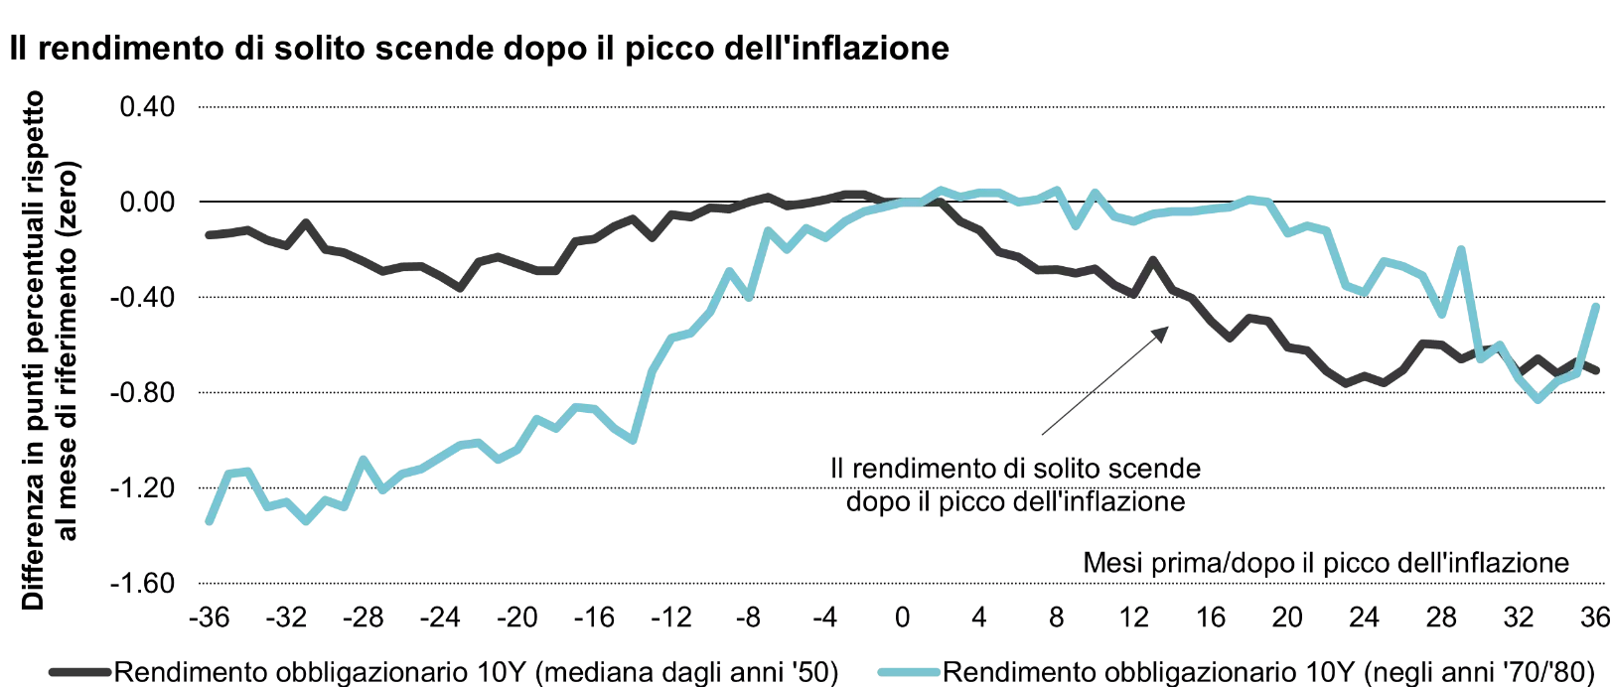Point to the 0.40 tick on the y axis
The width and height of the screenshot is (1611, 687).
click(x=147, y=106)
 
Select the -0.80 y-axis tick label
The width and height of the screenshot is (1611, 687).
click(x=142, y=393)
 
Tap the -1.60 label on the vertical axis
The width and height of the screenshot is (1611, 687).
click(x=142, y=584)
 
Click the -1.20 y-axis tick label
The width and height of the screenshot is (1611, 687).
click(x=142, y=488)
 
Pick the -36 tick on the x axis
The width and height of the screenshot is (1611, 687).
click(x=209, y=618)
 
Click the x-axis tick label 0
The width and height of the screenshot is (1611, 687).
click(x=902, y=618)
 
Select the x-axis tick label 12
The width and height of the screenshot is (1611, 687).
click(x=1133, y=618)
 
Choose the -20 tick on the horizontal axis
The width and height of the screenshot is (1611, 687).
click(x=516, y=618)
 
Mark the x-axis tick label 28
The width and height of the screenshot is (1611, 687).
click(x=1441, y=618)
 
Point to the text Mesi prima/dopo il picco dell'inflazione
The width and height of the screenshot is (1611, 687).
click(x=1326, y=563)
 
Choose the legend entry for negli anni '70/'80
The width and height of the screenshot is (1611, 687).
click(x=1268, y=672)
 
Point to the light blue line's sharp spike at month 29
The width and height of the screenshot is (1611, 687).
click(x=1461, y=250)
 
